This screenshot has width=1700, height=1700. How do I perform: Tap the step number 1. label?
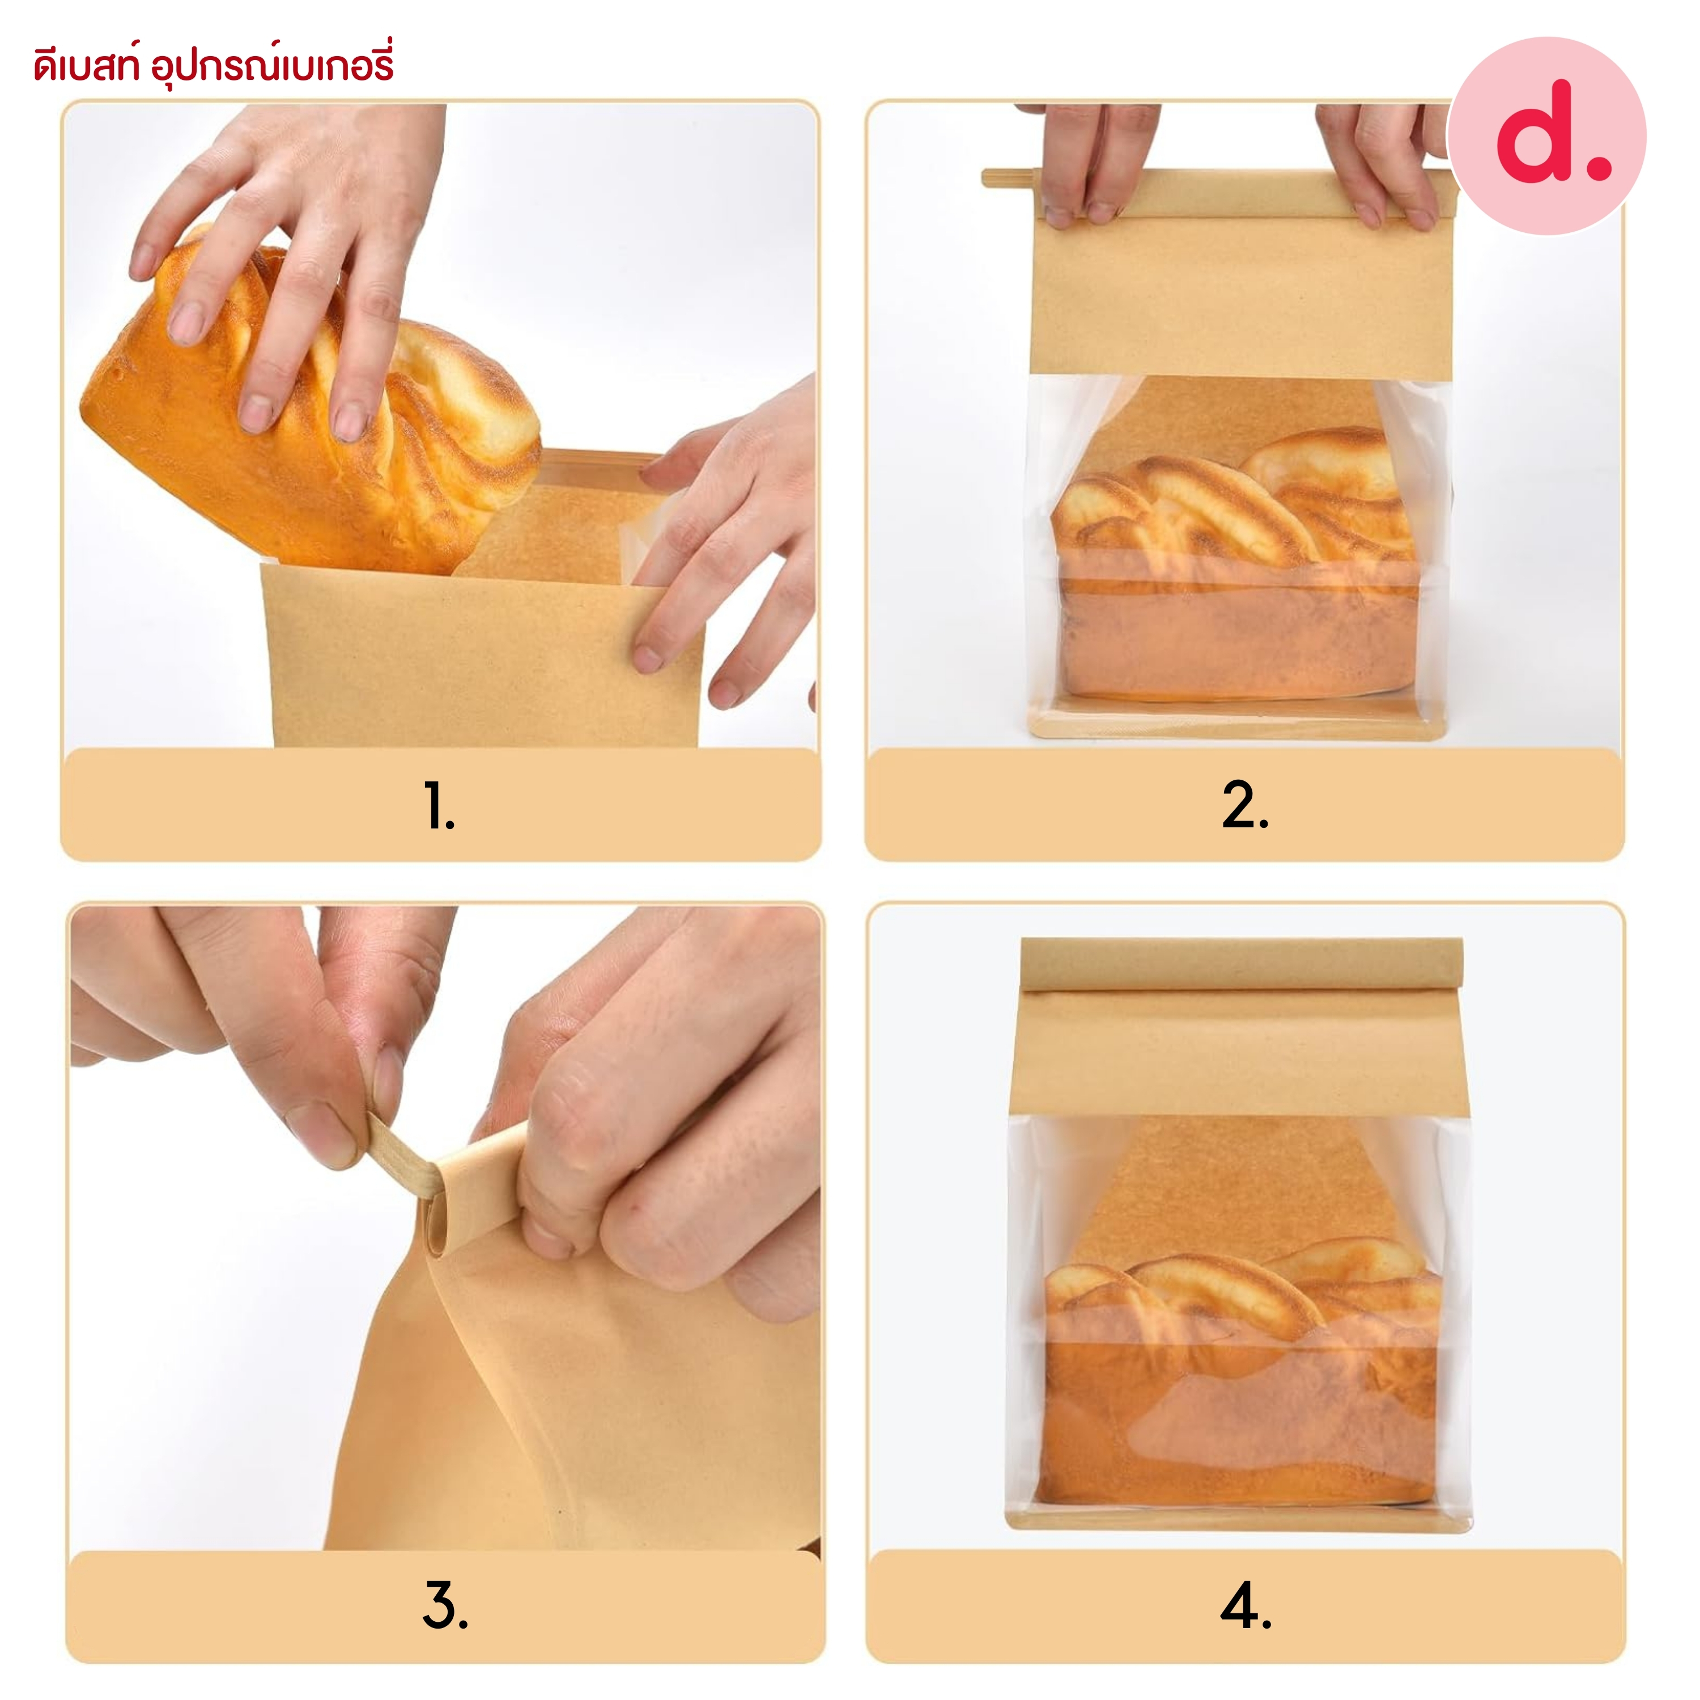coord(439,805)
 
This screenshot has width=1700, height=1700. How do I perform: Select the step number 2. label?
coord(1245,805)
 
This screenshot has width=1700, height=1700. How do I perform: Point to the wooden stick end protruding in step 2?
coord(1011,178)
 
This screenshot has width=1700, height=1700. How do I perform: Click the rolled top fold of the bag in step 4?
coord(1242,964)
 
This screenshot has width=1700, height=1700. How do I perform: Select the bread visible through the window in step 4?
coord(1240,1377)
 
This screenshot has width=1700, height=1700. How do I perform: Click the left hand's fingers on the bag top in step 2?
coord(1087,167)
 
